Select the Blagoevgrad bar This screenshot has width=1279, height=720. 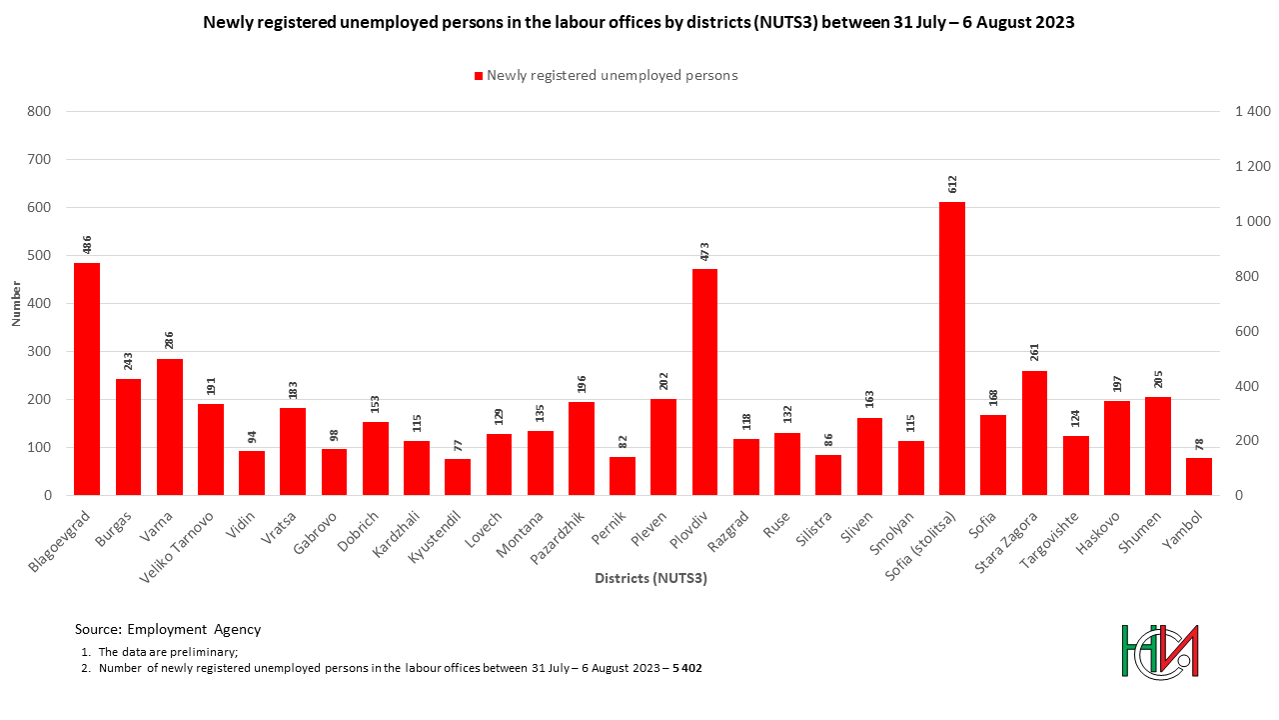pos(87,379)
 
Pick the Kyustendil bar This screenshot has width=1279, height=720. pos(458,477)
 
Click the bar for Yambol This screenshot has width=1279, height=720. pos(1199,476)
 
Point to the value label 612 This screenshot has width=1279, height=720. pos(953,184)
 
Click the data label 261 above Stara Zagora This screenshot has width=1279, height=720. pos(1035,353)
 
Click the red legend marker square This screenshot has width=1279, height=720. pos(479,76)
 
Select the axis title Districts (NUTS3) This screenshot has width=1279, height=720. pos(650,578)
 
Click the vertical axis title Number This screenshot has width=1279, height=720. pos(16,304)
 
